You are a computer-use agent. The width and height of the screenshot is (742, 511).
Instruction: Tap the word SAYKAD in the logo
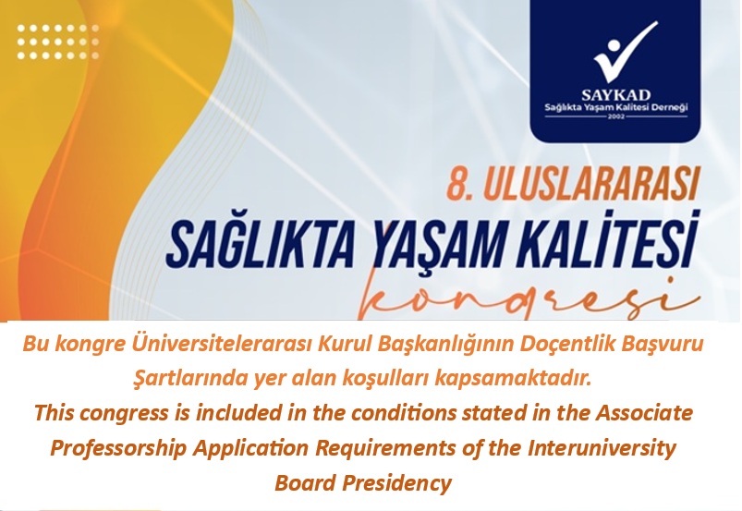pyautogui.click(x=615, y=94)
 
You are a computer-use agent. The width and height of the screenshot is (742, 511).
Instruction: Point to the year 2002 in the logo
pyautogui.click(x=615, y=116)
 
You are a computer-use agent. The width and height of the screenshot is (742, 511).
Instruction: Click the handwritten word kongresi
pyautogui.click(x=526, y=299)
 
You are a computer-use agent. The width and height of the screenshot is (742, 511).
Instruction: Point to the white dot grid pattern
pyautogui.click(x=58, y=42)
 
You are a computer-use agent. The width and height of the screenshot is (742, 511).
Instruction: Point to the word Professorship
pyautogui.click(x=119, y=447)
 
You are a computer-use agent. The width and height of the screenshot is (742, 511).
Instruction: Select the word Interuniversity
pyautogui.click(x=602, y=447)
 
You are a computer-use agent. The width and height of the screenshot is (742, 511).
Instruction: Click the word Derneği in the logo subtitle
pyautogui.click(x=670, y=107)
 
